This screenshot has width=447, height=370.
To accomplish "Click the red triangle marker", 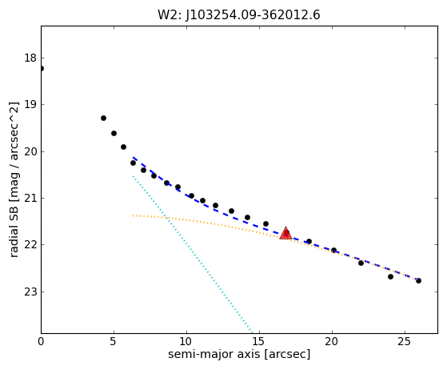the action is click(x=285, y=233).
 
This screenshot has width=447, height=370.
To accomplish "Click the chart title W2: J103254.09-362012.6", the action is click(x=239, y=15).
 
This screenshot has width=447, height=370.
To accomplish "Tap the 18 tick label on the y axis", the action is click(x=30, y=58).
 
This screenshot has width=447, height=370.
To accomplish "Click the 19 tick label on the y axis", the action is click(x=30, y=104).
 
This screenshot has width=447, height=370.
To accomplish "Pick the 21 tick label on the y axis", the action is click(x=30, y=198).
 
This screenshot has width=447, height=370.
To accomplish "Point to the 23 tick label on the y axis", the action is click(x=30, y=292).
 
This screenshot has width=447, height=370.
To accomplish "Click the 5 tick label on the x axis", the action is click(x=114, y=341).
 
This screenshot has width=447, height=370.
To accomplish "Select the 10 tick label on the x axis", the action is click(x=186, y=341).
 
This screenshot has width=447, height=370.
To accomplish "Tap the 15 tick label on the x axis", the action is click(x=259, y=341).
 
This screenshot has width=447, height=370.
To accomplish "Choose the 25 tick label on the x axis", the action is click(x=405, y=341).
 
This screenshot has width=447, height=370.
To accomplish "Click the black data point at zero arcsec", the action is click(x=42, y=69).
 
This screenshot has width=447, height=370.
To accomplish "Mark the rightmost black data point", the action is click(x=418, y=280).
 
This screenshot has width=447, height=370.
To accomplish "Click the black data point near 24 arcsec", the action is click(x=390, y=276).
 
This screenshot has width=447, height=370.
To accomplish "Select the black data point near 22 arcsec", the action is click(x=361, y=263).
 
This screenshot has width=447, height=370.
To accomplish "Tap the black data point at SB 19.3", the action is click(x=103, y=119).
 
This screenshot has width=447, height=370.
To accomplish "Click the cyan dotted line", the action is click(x=193, y=255).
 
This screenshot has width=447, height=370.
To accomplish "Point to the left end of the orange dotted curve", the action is click(x=133, y=215).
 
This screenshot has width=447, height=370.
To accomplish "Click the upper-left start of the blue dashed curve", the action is click(x=133, y=157).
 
